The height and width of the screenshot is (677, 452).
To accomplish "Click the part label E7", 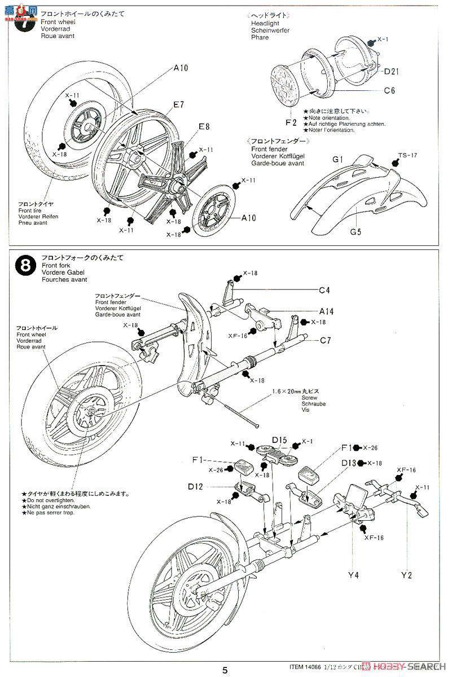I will click(179, 104).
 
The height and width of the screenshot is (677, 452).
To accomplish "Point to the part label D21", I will click(392, 71).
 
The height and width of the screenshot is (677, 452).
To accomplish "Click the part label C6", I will click(390, 90).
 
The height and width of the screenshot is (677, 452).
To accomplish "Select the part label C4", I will click(324, 291).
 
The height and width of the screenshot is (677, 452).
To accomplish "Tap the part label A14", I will click(326, 311).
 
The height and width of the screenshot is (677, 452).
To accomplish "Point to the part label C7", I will click(325, 341).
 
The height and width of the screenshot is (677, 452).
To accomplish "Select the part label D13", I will click(348, 463).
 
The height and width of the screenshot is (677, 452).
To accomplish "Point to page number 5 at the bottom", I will click(225, 670).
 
